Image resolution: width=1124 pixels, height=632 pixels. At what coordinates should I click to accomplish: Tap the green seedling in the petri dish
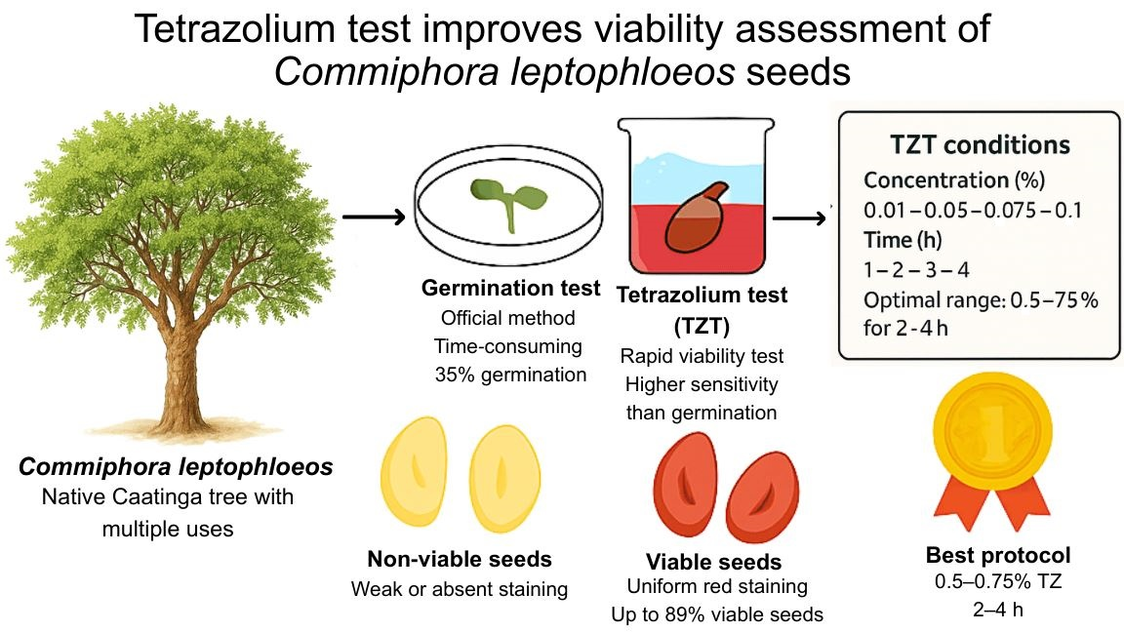(509, 200)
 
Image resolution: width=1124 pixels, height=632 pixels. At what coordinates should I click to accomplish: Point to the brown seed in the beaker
(695, 218)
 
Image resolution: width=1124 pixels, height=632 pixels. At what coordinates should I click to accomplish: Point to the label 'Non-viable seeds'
(460, 559)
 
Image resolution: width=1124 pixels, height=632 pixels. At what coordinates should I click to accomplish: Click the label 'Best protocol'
(998, 556)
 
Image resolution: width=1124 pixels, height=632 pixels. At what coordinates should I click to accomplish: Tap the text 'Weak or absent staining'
(460, 589)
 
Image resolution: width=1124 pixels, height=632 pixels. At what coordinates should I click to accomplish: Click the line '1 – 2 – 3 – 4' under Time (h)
(915, 270)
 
